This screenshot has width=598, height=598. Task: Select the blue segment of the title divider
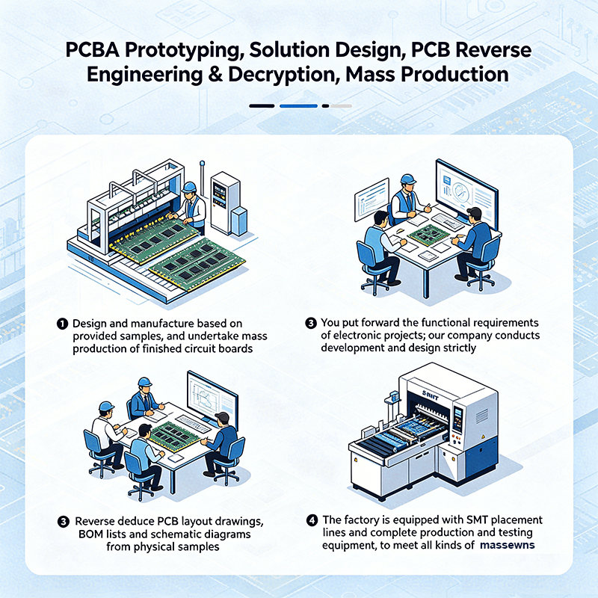point(298,106)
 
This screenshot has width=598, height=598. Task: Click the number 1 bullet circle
point(62,324)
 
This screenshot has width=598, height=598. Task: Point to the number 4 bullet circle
point(312,520)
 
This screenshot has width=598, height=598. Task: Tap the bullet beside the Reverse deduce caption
point(64,521)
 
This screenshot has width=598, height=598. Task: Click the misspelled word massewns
point(508,546)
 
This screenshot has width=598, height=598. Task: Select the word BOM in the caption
point(90,534)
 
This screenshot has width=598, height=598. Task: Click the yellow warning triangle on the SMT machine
point(483,437)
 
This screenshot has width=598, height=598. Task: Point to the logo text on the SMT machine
point(431,395)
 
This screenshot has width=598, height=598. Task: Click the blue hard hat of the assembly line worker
point(189,188)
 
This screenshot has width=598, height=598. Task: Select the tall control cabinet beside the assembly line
point(225,203)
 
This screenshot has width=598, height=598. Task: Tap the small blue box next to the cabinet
point(239,221)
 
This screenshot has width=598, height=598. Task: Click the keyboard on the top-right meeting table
point(448,221)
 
